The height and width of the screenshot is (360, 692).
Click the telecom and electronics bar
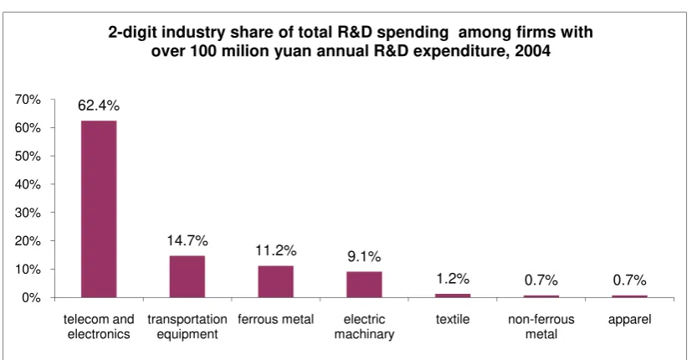click(99, 209)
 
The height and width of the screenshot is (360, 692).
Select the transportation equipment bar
click(187, 276)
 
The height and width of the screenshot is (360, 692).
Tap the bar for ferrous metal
click(276, 281)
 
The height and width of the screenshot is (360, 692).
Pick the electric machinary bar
click(364, 285)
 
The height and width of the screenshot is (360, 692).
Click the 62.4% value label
click(99, 105)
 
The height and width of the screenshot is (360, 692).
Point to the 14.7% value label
click(187, 241)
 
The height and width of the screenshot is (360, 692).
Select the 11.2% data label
click(276, 250)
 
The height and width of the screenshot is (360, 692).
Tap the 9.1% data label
click(364, 257)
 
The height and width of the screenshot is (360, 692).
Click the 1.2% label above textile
click(453, 279)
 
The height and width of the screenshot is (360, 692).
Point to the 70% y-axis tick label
click(28, 100)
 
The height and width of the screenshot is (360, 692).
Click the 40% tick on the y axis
click(28, 185)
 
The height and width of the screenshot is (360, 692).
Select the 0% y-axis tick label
click(31, 298)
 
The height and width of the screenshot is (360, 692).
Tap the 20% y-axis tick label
click(28, 241)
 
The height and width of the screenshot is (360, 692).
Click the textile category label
click(453, 319)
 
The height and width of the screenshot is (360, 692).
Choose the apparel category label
click(630, 320)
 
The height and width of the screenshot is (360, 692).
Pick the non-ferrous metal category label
click(541, 327)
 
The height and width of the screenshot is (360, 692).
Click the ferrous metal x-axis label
click(276, 319)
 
